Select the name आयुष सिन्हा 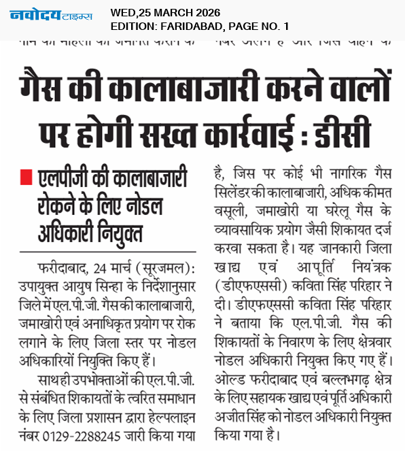pyautogui.click(x=88, y=284)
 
